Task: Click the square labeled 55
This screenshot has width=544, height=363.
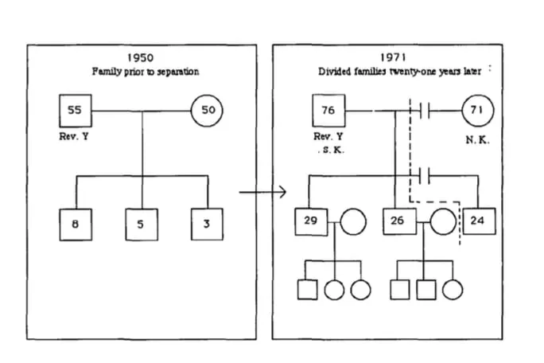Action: click(74, 111)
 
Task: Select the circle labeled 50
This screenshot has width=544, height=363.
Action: click(208, 111)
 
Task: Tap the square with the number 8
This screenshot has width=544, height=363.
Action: click(75, 224)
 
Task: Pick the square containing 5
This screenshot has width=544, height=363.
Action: click(141, 224)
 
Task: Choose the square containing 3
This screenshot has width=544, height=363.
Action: click(207, 224)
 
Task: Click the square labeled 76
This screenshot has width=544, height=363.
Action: click(328, 111)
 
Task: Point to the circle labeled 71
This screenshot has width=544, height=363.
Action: click(477, 111)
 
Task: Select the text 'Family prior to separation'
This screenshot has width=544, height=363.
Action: click(146, 72)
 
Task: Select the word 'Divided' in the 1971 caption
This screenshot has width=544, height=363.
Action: click(334, 72)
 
